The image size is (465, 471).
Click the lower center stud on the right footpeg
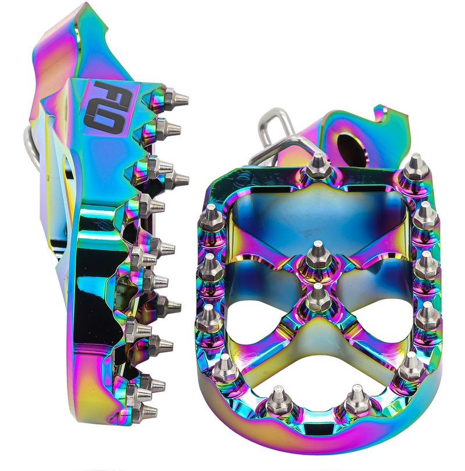pos(317,297)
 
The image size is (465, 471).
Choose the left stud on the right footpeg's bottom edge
pos(279,401)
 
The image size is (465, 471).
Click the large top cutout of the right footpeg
pos(317,221)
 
